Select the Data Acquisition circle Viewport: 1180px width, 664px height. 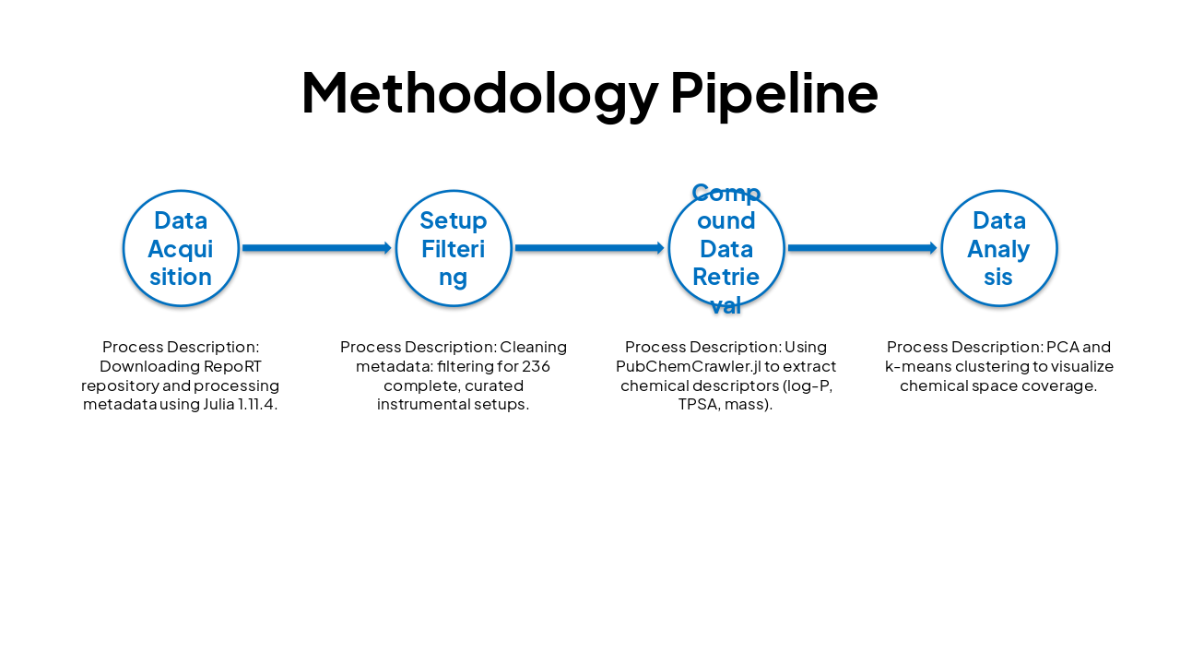[x=181, y=248]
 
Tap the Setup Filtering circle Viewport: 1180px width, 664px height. [x=454, y=248]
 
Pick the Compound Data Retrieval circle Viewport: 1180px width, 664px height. [x=726, y=248]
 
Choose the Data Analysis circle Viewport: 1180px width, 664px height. [x=999, y=248]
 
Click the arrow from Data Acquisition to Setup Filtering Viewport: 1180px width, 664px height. [x=316, y=248]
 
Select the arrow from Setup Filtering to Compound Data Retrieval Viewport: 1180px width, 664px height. [x=589, y=248]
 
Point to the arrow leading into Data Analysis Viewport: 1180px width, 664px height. [x=862, y=248]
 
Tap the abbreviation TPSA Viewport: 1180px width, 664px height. [x=698, y=405]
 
